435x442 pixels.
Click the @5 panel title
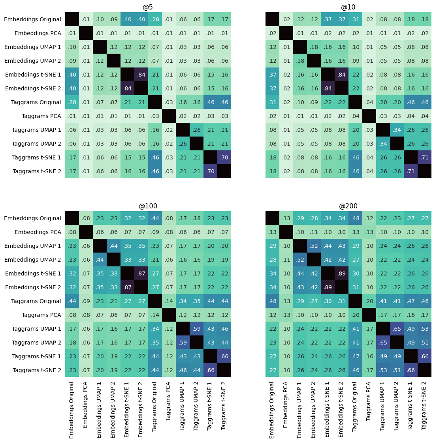point(148,7)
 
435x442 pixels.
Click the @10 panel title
point(348,7)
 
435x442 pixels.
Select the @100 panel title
point(148,206)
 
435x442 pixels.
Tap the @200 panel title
point(348,206)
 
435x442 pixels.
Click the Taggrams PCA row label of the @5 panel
point(41,116)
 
